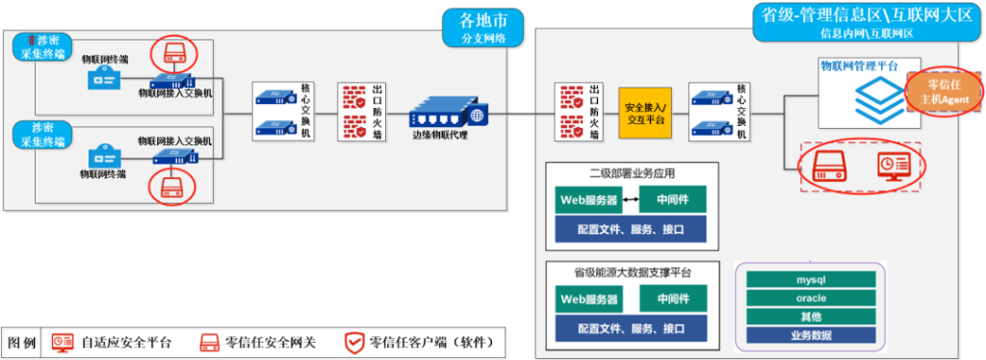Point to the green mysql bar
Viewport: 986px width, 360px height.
(811, 279)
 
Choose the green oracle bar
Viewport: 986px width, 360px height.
(811, 297)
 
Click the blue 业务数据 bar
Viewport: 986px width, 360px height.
(811, 335)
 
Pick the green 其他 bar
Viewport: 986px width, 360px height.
(811, 316)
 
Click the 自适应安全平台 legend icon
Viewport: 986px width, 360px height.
(63, 342)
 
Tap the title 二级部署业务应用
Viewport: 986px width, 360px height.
(632, 174)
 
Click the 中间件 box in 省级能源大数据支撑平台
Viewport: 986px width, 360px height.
(672, 298)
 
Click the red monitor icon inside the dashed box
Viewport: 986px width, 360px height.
(890, 167)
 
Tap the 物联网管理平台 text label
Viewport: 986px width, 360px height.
(859, 65)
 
